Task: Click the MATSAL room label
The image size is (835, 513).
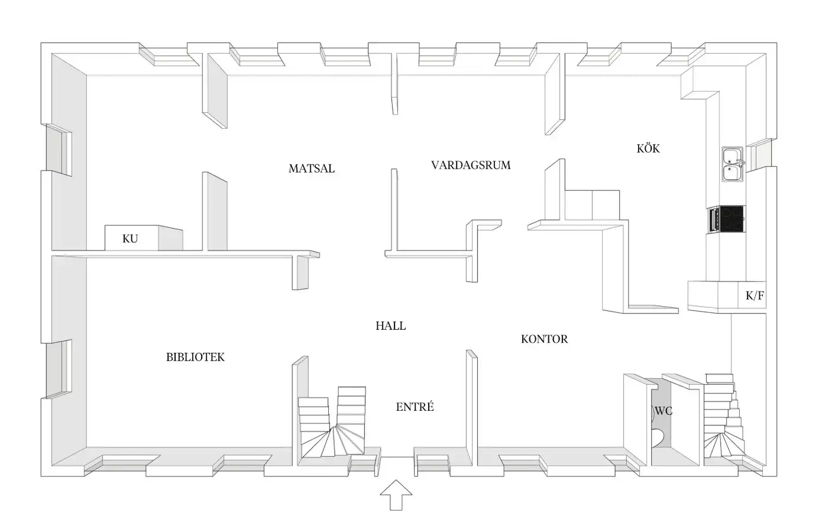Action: [312, 168]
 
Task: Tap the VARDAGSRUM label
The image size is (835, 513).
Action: [471, 165]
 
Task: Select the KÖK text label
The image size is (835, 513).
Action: [648, 148]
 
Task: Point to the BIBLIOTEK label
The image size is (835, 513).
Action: [195, 357]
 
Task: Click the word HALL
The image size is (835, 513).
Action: [391, 326]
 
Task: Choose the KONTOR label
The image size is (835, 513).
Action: [544, 339]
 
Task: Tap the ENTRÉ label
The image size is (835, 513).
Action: [415, 407]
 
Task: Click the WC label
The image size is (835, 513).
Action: [664, 411]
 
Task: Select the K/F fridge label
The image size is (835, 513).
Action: [755, 296]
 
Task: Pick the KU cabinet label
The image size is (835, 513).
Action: [130, 238]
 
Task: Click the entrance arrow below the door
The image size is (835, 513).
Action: [396, 495]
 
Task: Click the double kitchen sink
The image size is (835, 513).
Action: [733, 164]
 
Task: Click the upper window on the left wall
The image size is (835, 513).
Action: [59, 150]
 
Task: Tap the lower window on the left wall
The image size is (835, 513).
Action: [59, 369]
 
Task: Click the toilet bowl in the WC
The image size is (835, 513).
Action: [658, 436]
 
